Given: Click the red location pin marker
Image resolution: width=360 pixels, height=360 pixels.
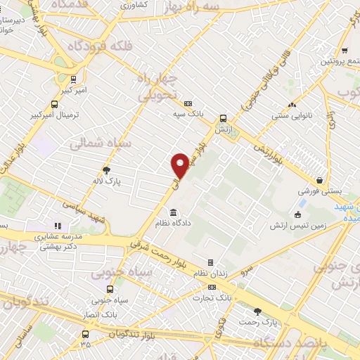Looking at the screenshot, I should click(180, 165).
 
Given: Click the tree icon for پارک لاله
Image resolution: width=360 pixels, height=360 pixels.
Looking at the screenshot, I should click(106, 169).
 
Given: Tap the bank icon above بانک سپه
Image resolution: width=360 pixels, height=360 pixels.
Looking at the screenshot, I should click(187, 103).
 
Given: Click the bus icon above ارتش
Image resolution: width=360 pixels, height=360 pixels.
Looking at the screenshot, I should click(223, 118).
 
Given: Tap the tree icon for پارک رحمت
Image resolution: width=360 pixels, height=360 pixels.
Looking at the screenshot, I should click(257, 311).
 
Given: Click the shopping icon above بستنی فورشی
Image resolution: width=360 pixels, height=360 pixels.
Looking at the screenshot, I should click(320, 181).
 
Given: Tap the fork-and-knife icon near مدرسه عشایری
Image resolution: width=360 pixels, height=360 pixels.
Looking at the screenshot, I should click(58, 226).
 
